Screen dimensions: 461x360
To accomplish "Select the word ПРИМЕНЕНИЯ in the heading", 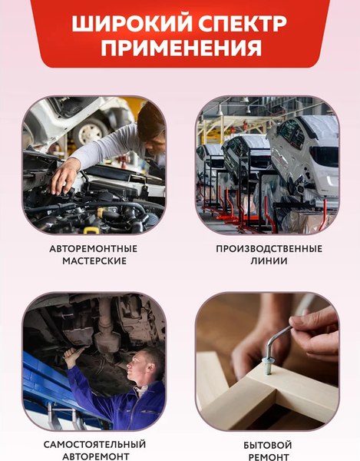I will pos(180,48).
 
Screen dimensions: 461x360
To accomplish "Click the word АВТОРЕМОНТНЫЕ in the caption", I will pos(93,249).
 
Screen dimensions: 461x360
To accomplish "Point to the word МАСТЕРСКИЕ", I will pos(93,261).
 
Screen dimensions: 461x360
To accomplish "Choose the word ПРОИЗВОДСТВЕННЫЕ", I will pos(268,249).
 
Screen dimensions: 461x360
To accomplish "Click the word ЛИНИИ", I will pos(268,261).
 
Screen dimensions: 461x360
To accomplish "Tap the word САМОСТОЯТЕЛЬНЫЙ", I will pos(94,444).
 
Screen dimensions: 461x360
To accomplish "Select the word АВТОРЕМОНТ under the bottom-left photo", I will pos(94,456).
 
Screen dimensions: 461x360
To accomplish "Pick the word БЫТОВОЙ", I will pos(268,445).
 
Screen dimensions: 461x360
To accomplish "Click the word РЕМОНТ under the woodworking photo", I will pos(268,457).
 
